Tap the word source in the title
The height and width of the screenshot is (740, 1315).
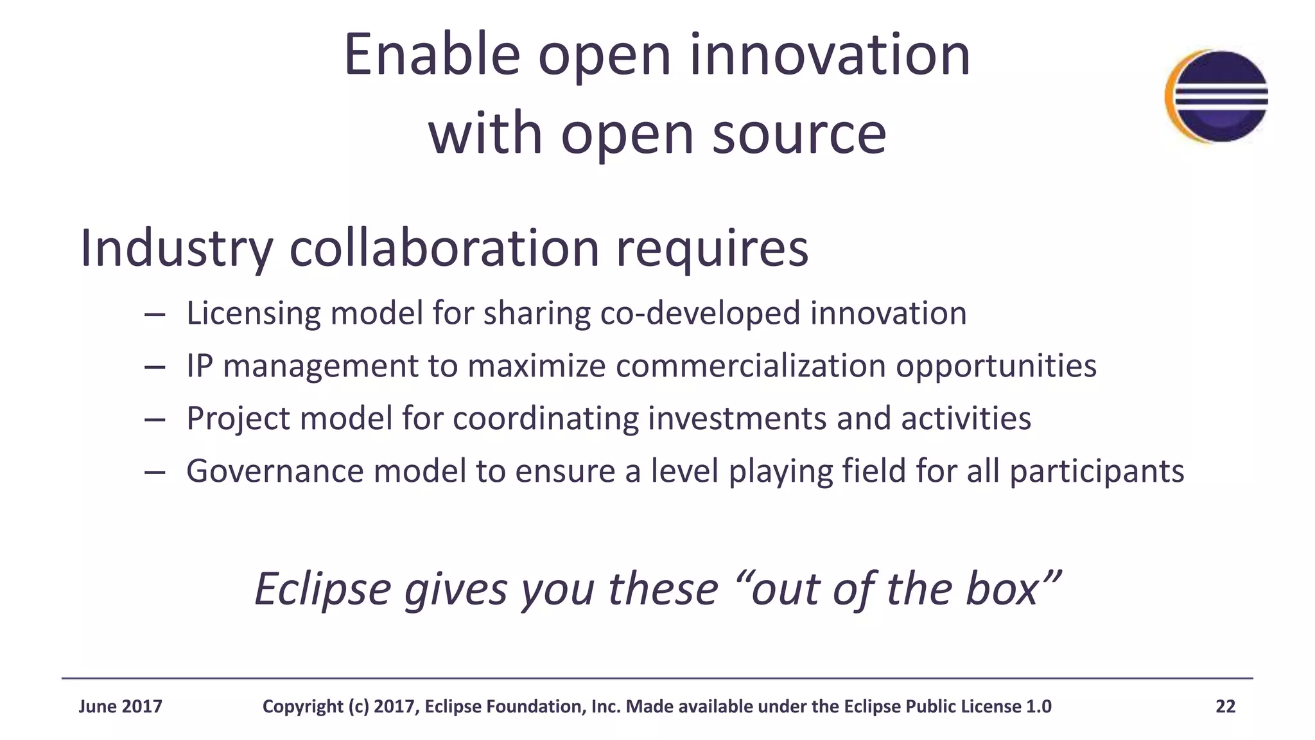(x=799, y=134)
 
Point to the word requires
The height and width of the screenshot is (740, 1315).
(x=712, y=249)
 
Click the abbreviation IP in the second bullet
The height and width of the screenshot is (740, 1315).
(x=200, y=366)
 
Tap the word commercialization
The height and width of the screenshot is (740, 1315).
(x=750, y=366)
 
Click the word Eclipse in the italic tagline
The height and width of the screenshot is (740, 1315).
(x=323, y=590)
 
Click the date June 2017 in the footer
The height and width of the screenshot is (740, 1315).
(x=120, y=707)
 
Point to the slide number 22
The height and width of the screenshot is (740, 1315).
(x=1225, y=707)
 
